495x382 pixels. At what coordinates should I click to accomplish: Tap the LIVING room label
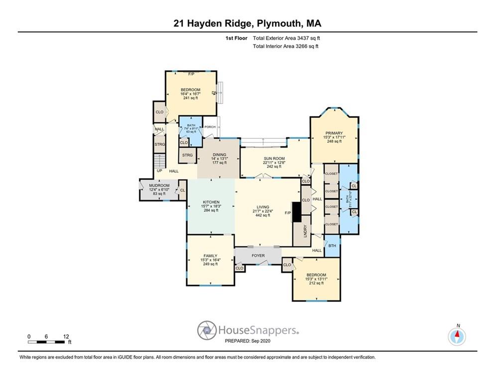[262, 207]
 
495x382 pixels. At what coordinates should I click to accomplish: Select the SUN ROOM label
[263, 158]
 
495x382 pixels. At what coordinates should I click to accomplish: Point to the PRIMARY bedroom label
[334, 133]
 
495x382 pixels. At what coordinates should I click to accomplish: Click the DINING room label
[219, 154]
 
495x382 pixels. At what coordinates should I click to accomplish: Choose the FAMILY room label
[210, 256]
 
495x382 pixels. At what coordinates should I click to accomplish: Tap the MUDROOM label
[159, 186]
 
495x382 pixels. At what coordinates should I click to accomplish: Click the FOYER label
[258, 256]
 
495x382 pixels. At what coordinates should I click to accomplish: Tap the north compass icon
[457, 336]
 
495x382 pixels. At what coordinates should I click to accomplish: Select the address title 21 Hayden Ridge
[247, 23]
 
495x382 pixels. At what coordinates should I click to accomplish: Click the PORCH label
[210, 127]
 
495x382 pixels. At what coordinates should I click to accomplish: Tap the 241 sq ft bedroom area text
[191, 98]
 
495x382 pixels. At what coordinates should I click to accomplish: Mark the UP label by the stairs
[159, 171]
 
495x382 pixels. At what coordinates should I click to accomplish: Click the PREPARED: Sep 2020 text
[247, 341]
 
